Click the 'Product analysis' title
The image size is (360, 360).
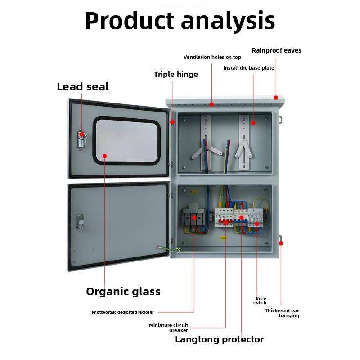180,21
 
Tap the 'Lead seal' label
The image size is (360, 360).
83,87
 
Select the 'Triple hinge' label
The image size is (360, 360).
175,74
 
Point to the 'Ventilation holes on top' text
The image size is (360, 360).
212,57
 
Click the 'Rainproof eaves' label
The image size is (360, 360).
276,50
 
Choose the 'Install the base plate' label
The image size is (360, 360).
249,68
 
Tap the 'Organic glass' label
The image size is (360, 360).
123,292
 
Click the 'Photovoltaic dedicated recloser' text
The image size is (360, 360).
122,312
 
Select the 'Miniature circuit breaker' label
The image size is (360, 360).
168,328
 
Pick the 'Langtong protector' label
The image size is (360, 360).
219,339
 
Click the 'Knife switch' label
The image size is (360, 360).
260,301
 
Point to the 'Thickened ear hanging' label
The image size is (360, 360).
282,313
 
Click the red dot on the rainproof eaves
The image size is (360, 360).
276,98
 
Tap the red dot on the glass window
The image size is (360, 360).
105,156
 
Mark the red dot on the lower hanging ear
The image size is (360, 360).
281,243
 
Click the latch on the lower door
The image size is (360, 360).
80,222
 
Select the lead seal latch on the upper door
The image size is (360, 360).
82,139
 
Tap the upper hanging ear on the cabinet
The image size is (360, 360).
280,120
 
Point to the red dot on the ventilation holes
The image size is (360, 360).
211,105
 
